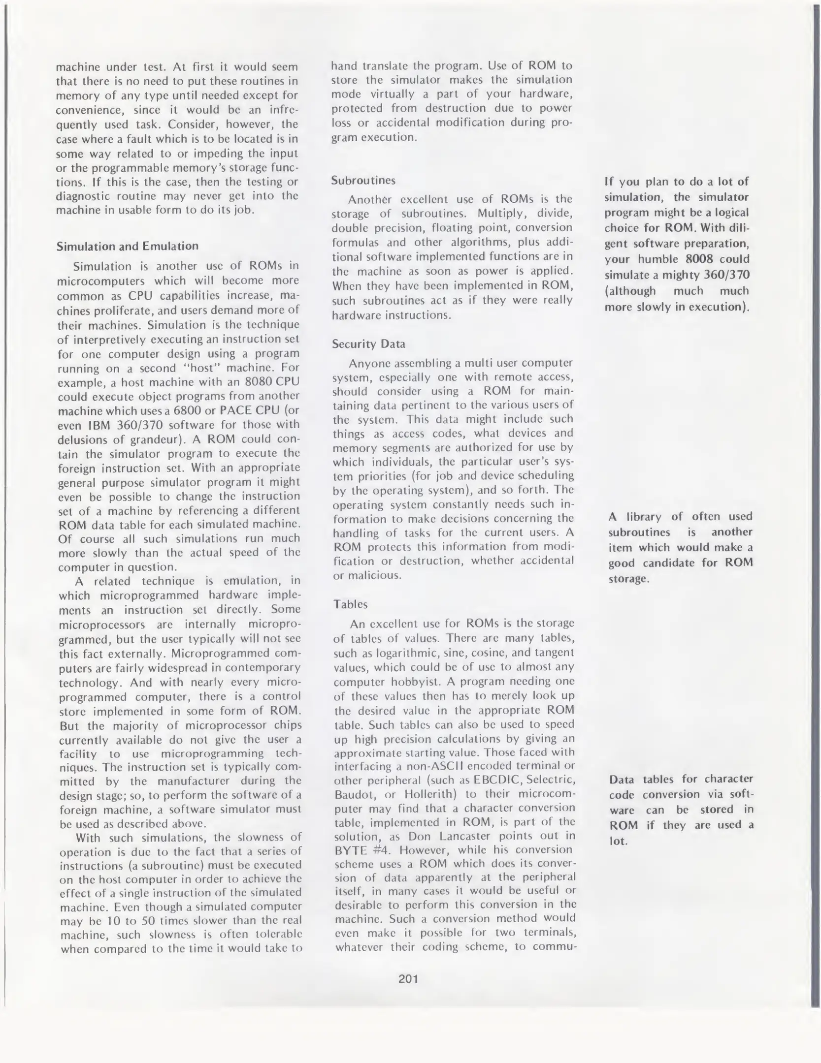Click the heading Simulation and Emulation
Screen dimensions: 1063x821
[x=128, y=246]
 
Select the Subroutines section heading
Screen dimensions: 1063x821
[x=363, y=180]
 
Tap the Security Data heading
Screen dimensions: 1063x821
[x=368, y=344]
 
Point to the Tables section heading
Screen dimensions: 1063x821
[x=350, y=604]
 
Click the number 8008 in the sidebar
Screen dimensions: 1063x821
[x=699, y=259]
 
